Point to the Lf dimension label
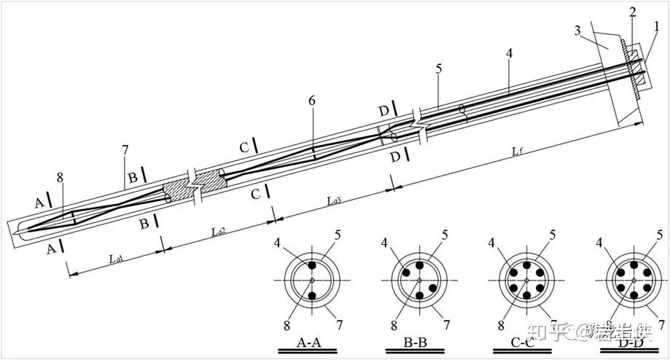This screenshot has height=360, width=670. tap(518, 150)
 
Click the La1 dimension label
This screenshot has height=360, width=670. tap(115, 258)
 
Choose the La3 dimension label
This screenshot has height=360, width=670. tap(334, 199)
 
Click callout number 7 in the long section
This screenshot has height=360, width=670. tap(125, 150)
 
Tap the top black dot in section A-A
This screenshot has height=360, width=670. tap(312, 265)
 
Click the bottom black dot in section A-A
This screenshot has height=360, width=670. tap(312, 296)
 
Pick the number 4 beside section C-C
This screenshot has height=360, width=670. tap(492, 242)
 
